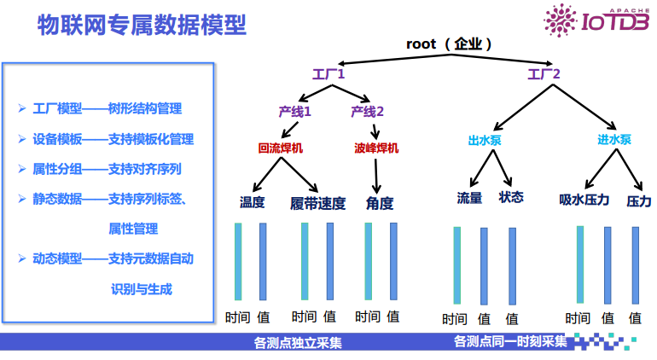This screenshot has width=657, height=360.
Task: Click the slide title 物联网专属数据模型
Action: tap(142, 26)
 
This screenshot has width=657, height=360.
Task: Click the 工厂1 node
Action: tap(328, 75)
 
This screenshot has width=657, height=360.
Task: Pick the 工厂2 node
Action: tap(544, 75)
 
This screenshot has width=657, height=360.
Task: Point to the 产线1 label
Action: tap(295, 112)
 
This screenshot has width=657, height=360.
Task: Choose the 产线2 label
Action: tap(368, 112)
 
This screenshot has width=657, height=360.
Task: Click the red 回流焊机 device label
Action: tap(280, 148)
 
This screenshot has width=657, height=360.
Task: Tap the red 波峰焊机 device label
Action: tap(376, 148)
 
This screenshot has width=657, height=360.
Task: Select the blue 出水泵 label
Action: tap(485, 140)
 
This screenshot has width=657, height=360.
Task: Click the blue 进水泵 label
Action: tap(614, 140)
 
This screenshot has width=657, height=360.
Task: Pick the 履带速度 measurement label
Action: tap(317, 203)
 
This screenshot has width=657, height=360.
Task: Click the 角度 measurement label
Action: tap(380, 203)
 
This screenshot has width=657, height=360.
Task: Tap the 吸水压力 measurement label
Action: tap(584, 200)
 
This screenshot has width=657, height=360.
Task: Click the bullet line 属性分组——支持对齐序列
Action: tap(107, 169)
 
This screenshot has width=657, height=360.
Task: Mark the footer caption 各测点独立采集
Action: tap(297, 343)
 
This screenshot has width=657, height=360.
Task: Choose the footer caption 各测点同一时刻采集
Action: tap(510, 342)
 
